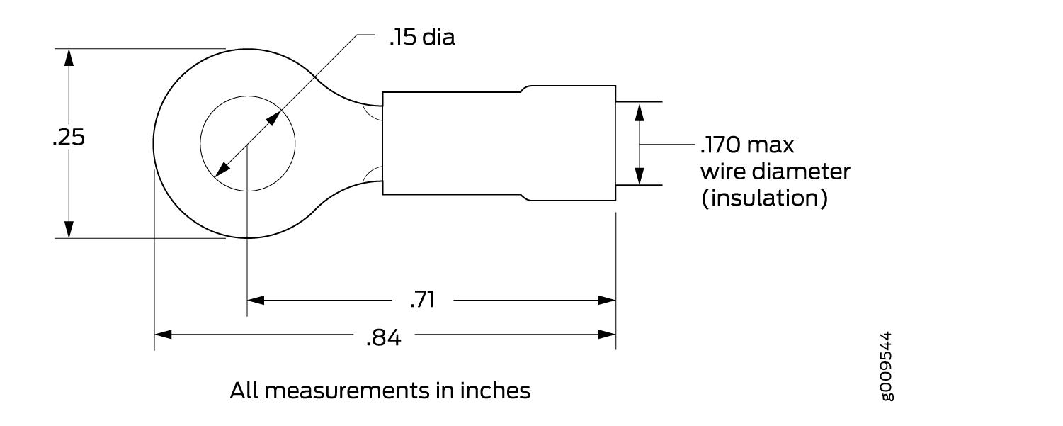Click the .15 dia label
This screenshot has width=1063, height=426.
pyautogui.click(x=421, y=38)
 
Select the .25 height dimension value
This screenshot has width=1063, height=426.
pyautogui.click(x=69, y=139)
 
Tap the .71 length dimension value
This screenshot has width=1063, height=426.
pyautogui.click(x=422, y=300)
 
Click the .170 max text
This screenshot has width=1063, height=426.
pyautogui.click(x=746, y=146)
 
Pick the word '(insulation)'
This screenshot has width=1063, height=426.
pyautogui.click(x=764, y=198)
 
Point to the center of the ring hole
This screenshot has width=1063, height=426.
pyautogui.click(x=247, y=144)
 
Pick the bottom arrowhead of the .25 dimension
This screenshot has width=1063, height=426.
pyautogui.click(x=69, y=229)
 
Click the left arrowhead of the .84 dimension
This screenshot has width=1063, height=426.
pyautogui.click(x=164, y=334)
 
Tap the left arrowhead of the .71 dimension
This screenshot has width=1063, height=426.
pyautogui.click(x=256, y=300)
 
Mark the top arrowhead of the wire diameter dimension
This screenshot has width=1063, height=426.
pyautogui.click(x=639, y=111)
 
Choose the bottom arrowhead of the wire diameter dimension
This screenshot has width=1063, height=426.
pyautogui.click(x=639, y=176)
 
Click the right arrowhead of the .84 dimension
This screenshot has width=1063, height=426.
pyautogui.click(x=607, y=334)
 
